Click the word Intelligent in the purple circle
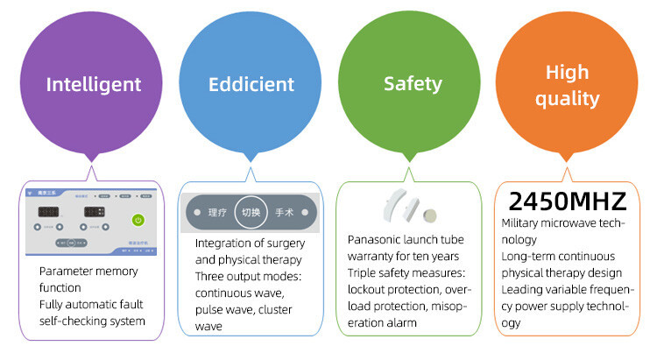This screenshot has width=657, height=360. [94, 85]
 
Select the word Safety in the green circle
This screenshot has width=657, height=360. [413, 85]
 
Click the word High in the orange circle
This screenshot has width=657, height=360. [567, 72]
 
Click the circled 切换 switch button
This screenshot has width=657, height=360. [251, 212]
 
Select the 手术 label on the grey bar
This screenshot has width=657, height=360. [284, 213]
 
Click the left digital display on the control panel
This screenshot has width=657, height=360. [51, 212]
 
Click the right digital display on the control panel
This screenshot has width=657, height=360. [94, 212]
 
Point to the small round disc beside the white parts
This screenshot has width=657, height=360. [430, 215]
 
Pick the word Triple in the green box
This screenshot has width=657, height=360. [364, 272]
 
